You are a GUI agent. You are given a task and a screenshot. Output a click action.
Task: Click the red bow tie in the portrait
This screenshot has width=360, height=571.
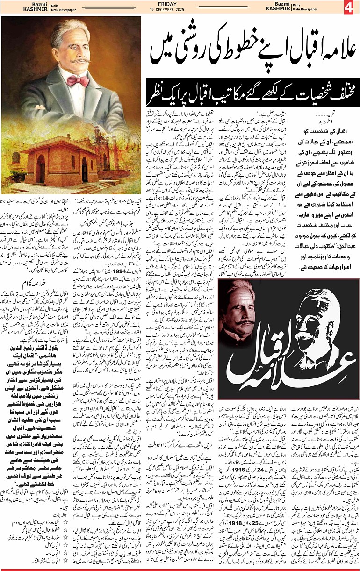(x=78, y=82)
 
